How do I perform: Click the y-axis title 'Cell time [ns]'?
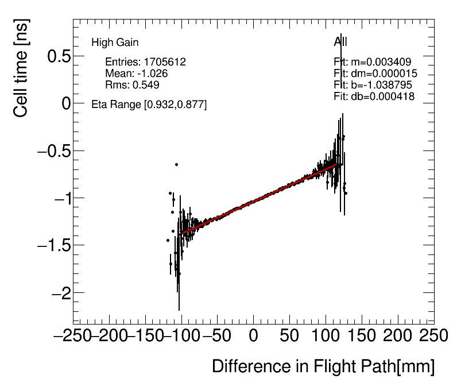pyautogui.click(x=21, y=75)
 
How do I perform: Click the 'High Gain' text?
pyautogui.click(x=115, y=43)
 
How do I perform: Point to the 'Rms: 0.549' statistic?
pyautogui.click(x=132, y=85)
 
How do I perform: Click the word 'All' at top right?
pyautogui.click(x=340, y=42)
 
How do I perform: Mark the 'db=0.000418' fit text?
pyautogui.click(x=382, y=96)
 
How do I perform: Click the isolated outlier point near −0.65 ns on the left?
pyautogui.click(x=176, y=164)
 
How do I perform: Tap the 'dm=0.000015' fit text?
pyautogui.click(x=384, y=74)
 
